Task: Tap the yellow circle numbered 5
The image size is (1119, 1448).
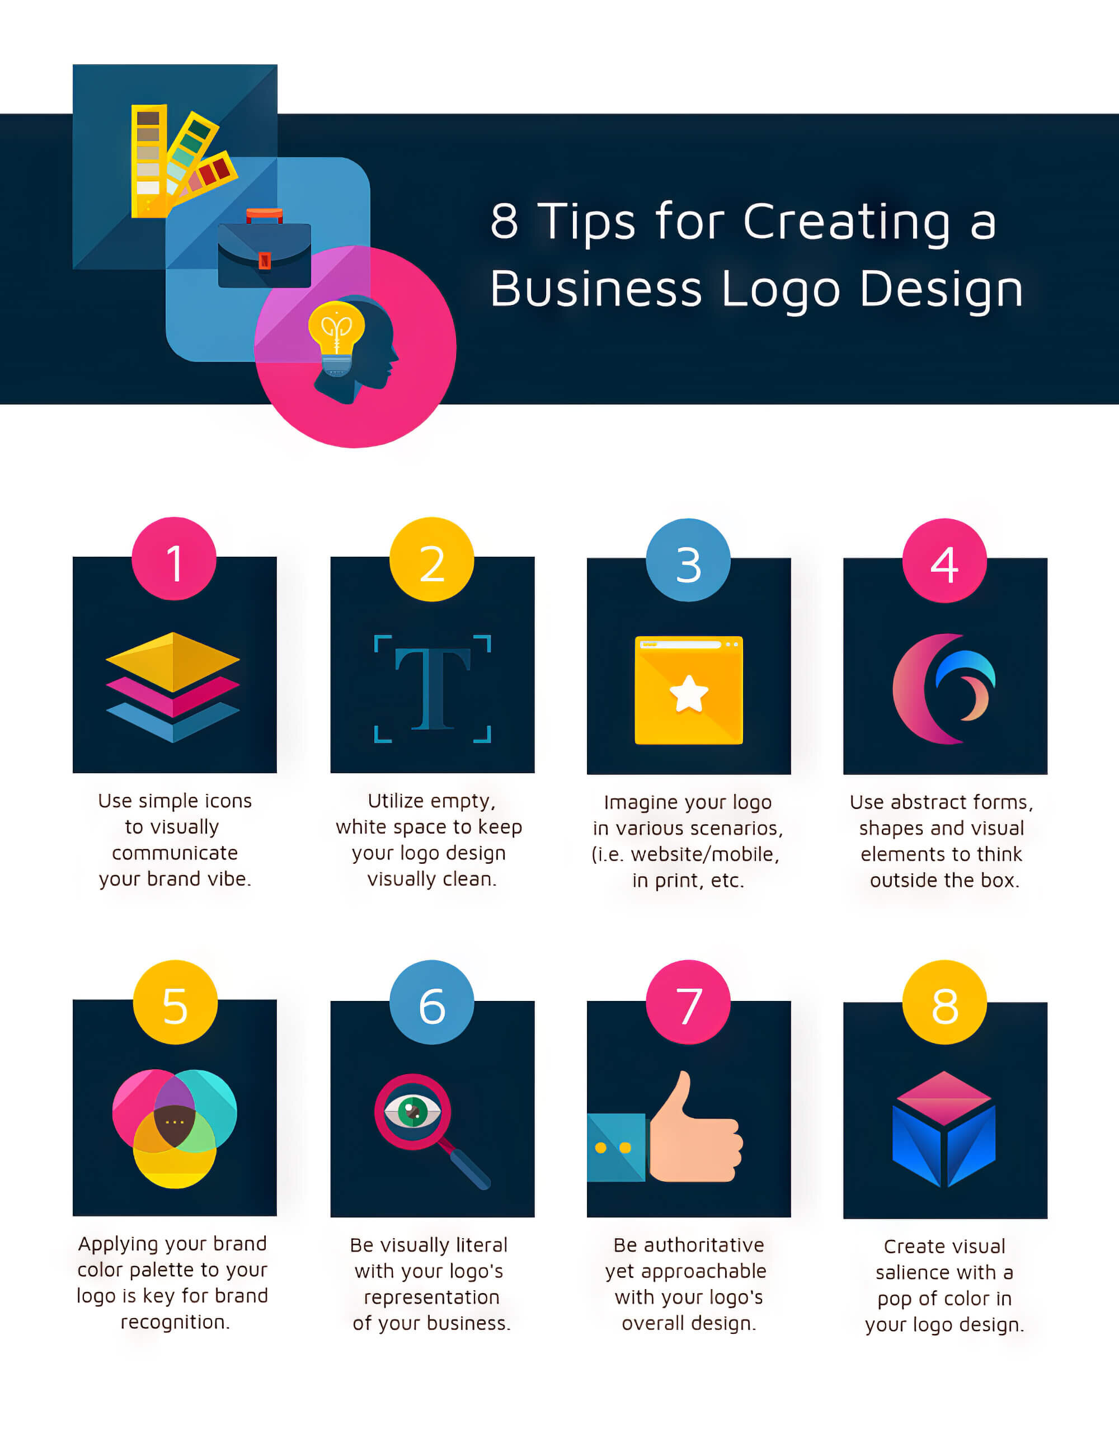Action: coord(175,1002)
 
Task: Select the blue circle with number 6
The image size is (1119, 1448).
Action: coord(431,1002)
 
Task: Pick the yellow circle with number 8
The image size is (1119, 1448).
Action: coord(944,1002)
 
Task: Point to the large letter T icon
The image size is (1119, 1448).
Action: coord(432,689)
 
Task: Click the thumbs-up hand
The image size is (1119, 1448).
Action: coord(695,1129)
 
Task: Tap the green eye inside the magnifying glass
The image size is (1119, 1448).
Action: coord(412,1112)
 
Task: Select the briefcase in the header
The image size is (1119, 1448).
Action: coord(265,250)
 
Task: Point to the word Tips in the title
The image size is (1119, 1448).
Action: coord(586,222)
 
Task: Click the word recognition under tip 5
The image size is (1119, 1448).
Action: coord(175,1322)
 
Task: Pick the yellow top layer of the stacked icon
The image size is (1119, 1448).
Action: coord(173,662)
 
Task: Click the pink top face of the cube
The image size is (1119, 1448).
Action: coord(944,1098)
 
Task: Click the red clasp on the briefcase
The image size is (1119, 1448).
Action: coord(265,261)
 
